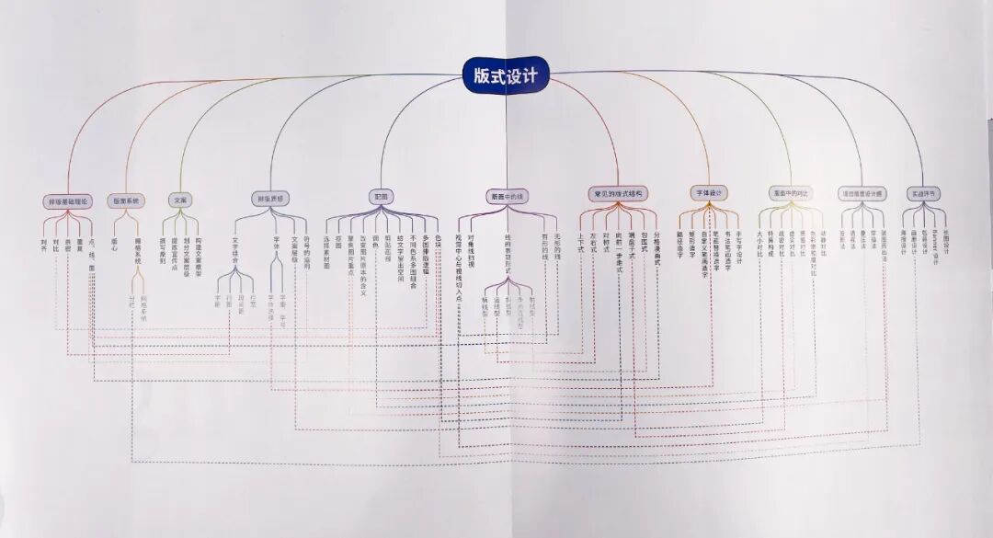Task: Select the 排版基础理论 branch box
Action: tap(67, 200)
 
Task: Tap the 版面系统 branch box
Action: tap(126, 200)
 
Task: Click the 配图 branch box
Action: tap(381, 196)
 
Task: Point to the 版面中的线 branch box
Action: tap(506, 196)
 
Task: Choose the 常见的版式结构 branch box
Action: tap(618, 194)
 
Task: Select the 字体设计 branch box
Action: tap(708, 193)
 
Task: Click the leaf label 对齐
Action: tap(43, 245)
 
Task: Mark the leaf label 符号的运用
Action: tap(306, 252)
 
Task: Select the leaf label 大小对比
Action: tap(759, 245)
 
